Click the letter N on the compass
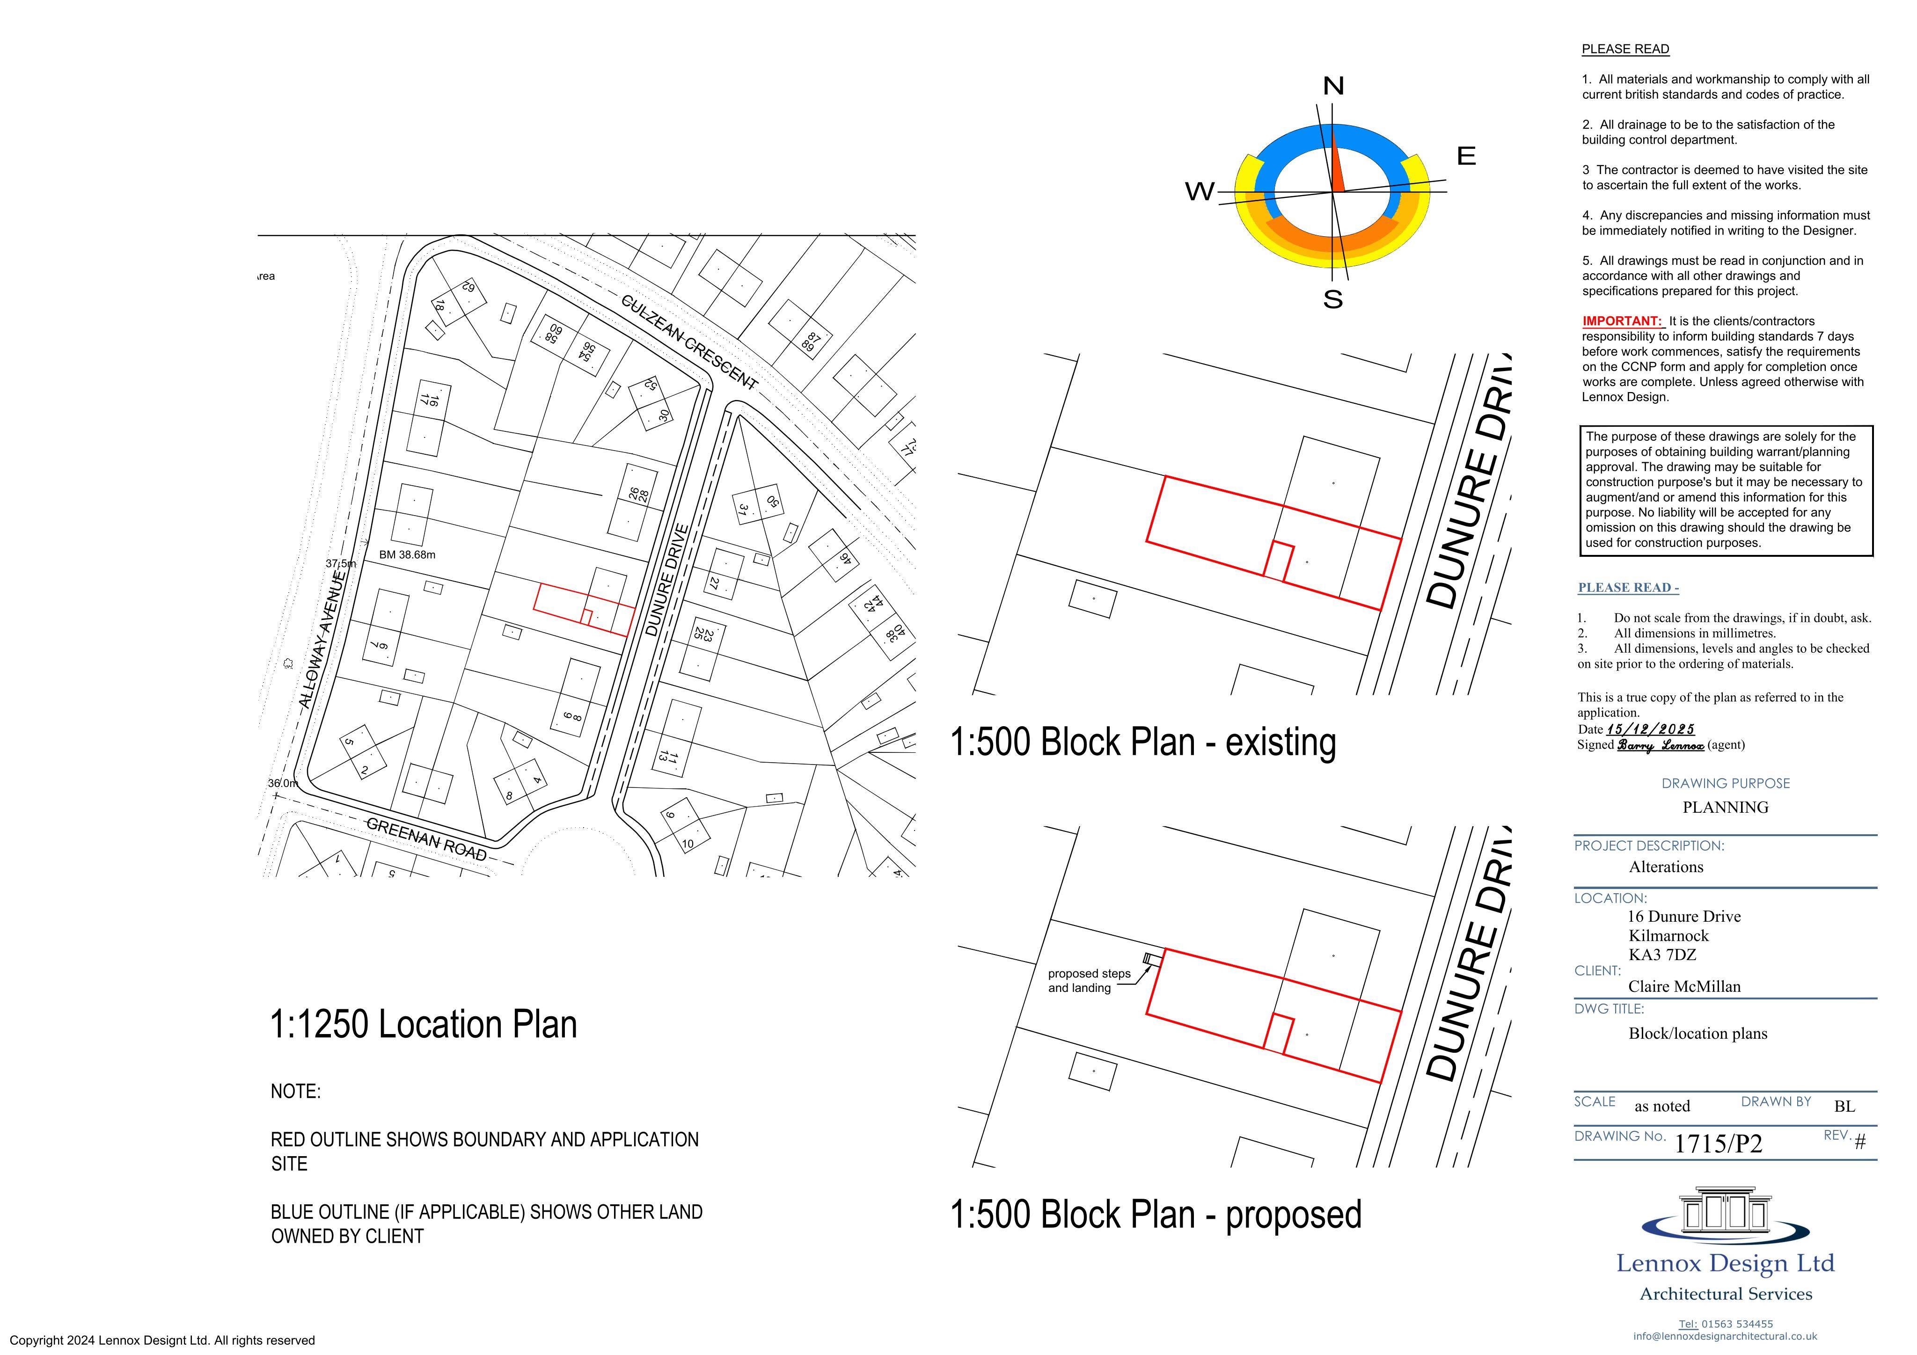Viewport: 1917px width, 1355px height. [x=1333, y=86]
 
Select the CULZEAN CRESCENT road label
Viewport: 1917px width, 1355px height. [x=690, y=342]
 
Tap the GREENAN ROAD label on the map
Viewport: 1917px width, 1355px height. [x=427, y=838]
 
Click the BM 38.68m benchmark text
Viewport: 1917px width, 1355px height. [x=408, y=554]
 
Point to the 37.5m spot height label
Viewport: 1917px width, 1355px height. [x=341, y=563]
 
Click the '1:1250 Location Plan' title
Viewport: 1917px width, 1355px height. [x=423, y=1024]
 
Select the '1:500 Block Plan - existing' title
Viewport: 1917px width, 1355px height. [x=1143, y=742]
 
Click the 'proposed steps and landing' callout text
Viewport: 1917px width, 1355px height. [x=1089, y=981]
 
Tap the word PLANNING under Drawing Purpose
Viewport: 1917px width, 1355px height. [x=1725, y=807]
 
